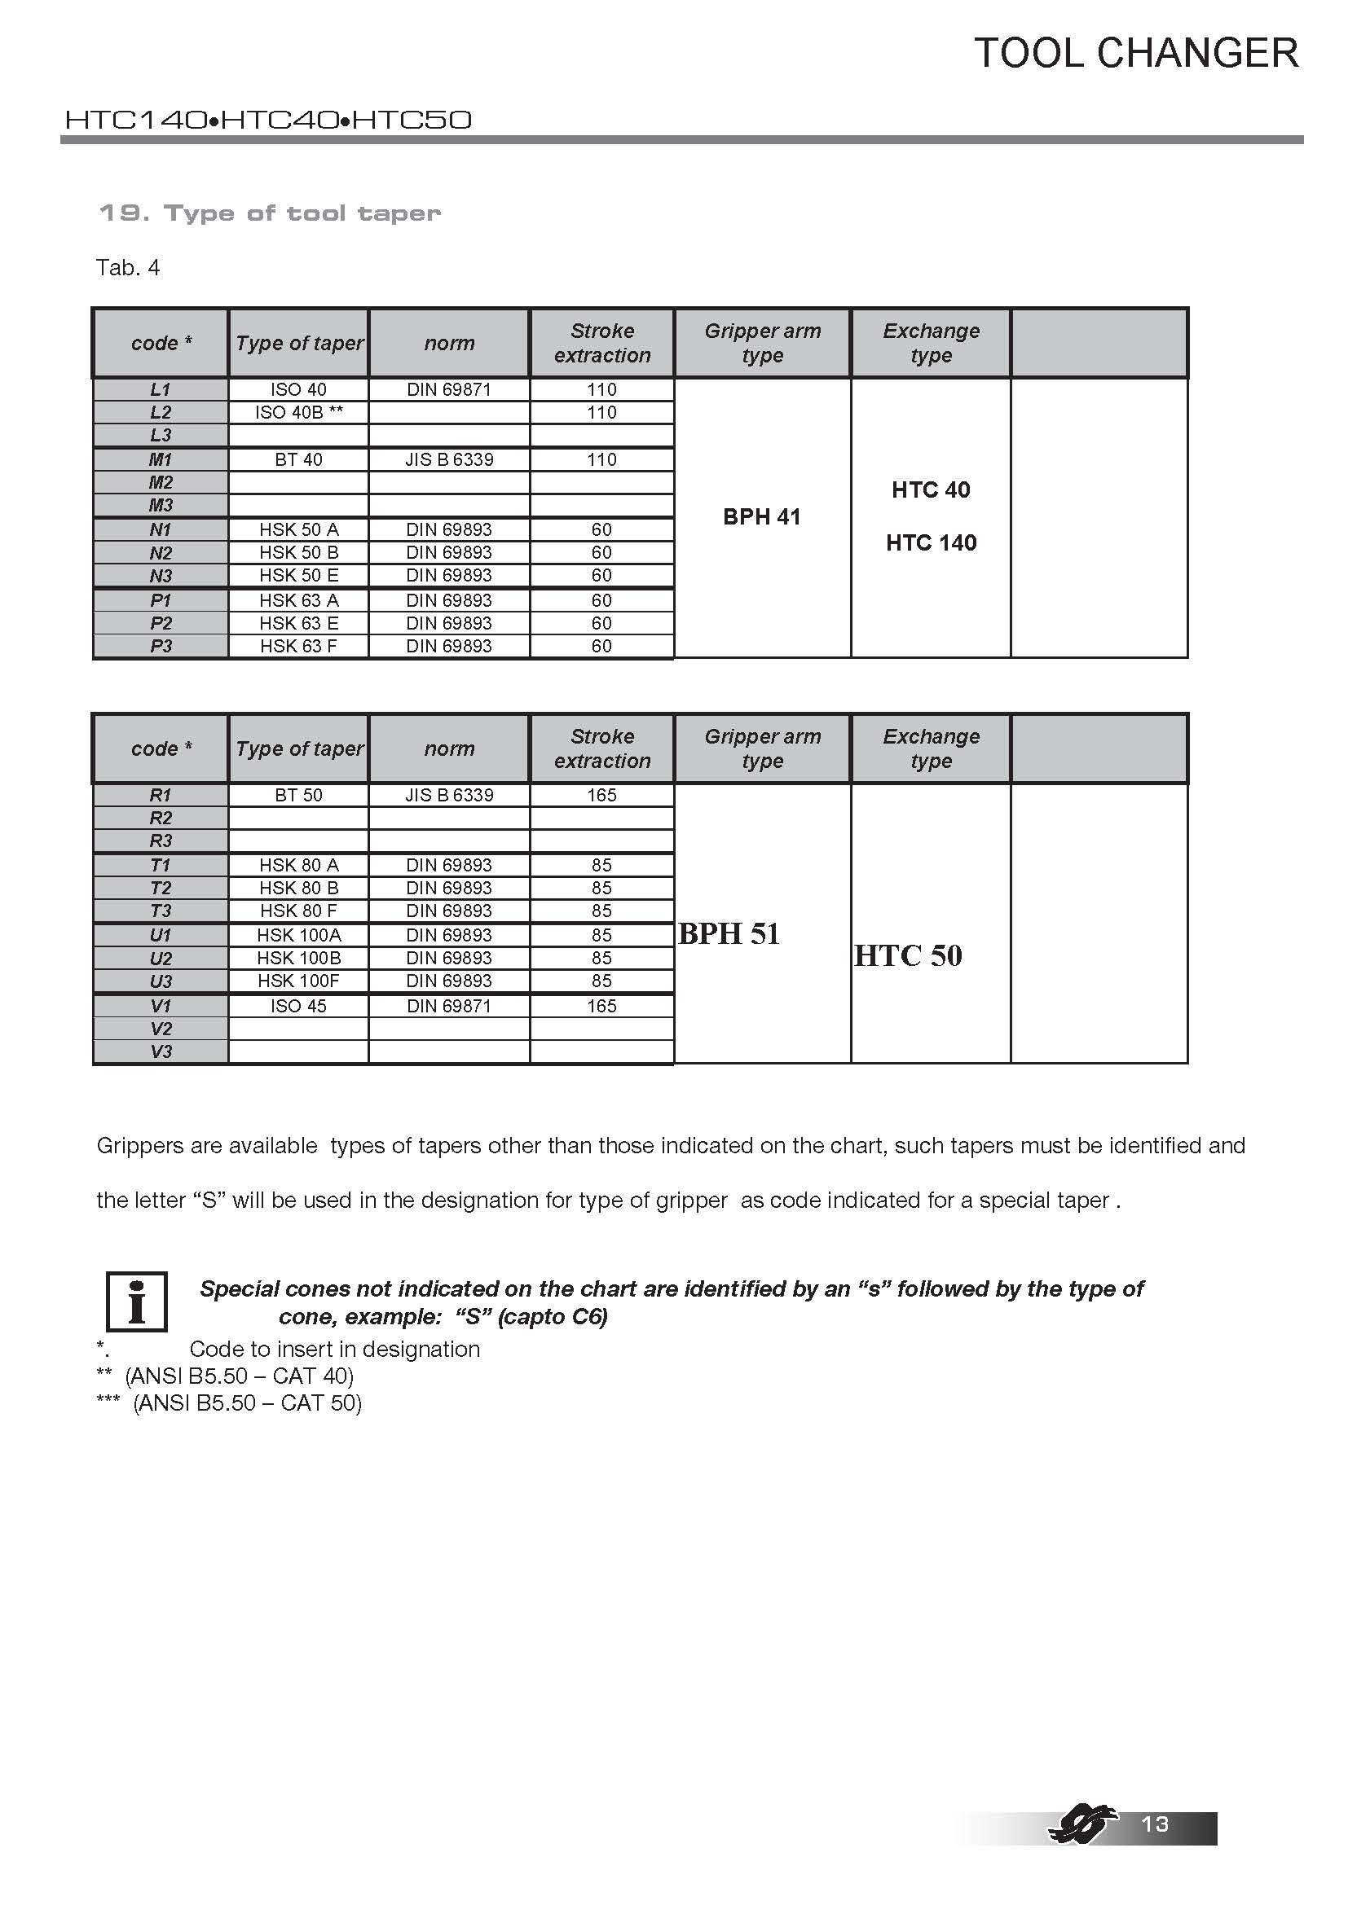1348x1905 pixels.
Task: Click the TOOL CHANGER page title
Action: click(1135, 54)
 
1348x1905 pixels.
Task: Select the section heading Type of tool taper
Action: click(269, 213)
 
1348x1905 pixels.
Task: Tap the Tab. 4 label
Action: click(128, 268)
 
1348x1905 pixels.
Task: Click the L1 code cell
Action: click(161, 389)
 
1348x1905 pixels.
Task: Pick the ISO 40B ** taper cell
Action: click(298, 412)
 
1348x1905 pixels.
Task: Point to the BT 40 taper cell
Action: click(298, 459)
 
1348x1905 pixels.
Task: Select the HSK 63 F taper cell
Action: click(298, 647)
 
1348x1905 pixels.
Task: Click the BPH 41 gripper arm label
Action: click(761, 517)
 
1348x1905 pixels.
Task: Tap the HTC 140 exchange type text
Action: click(931, 542)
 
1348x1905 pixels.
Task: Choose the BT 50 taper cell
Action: click(298, 795)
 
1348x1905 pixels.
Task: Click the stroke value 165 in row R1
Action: click(601, 795)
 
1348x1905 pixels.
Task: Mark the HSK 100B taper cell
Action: click(298, 959)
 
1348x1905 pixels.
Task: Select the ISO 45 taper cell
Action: click(298, 1007)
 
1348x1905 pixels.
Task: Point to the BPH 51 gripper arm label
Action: click(729, 934)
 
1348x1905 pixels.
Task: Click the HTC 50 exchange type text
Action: click(907, 956)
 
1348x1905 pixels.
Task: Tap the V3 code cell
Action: click(161, 1052)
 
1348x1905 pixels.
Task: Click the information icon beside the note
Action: click(137, 1301)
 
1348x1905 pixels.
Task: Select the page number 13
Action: click(1155, 1824)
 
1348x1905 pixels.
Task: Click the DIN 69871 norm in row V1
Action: click(448, 1007)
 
